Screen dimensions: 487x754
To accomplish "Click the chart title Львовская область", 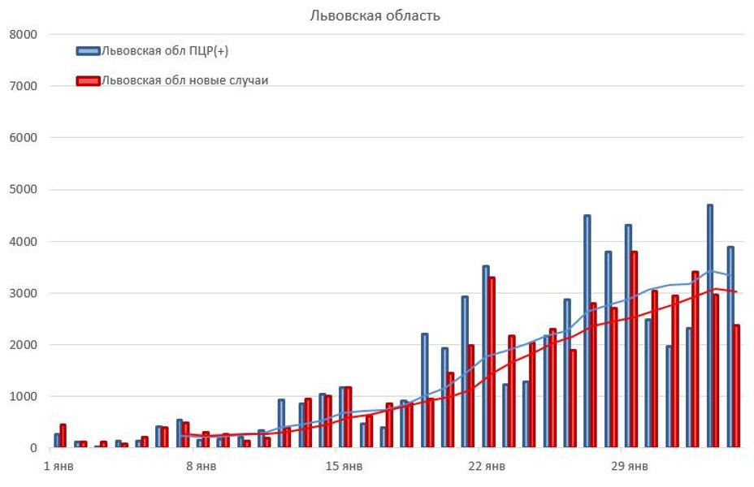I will coord(375,15).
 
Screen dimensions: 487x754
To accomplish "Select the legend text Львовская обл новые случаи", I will coord(184,80).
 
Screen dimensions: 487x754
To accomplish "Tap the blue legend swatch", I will coord(88,51).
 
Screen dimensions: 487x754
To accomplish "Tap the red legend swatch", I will coord(88,80).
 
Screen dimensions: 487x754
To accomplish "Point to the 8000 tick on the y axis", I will coord(24,34).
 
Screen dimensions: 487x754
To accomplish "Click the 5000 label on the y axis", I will coord(24,190).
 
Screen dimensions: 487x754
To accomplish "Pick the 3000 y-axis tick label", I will coord(24,293).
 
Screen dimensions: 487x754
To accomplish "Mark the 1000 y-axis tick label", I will coord(24,396).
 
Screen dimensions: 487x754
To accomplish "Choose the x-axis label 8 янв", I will coord(200,467).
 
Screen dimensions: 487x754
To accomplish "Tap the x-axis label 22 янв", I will coord(487,467).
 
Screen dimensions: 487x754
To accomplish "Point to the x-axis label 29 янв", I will coord(630,467).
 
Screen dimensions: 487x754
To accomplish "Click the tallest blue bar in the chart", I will coord(710,325).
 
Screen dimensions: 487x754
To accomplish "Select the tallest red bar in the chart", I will coord(634,349).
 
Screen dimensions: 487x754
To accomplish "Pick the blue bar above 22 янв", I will coord(486,357).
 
